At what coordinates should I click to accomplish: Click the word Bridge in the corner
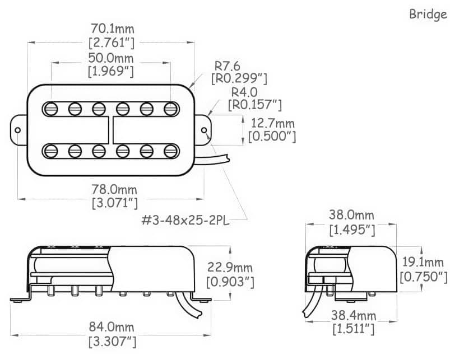[x=428, y=14]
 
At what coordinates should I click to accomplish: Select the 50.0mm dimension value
[x=112, y=58]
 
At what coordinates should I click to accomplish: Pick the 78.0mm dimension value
[x=114, y=190]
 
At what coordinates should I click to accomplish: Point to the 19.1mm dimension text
[x=424, y=262]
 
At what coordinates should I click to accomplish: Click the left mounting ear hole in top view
[x=18, y=130]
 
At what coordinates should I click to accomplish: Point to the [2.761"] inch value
[x=112, y=41]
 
